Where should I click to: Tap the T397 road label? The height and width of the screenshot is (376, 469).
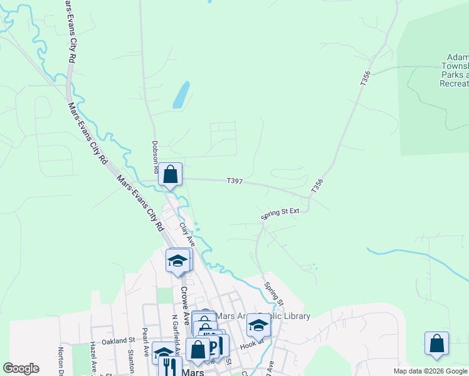coord(234,182)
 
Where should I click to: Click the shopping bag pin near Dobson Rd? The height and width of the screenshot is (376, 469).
coord(171,175)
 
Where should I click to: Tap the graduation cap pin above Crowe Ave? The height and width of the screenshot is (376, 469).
coord(177,261)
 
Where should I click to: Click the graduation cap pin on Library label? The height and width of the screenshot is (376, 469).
coord(258,325)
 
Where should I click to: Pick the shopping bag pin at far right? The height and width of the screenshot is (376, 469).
coord(436,344)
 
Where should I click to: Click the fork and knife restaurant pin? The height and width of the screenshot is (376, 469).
coord(167,366)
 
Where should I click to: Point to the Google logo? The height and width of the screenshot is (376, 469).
coord(21,368)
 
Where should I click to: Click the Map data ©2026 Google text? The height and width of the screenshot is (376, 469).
coord(430,371)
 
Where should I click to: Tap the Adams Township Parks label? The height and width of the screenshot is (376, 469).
coord(454,70)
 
